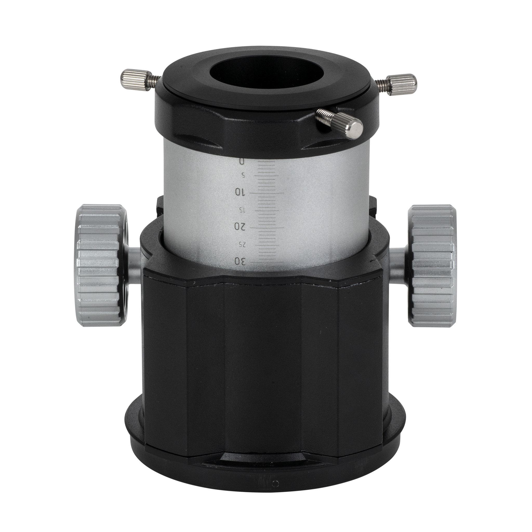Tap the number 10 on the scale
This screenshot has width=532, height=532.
coord(241,192)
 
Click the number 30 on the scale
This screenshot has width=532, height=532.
coord(240,261)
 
